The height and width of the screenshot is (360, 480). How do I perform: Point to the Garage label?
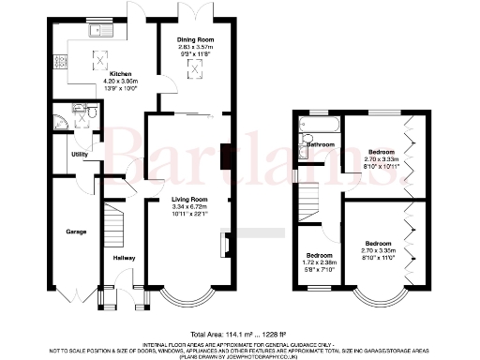(75, 231)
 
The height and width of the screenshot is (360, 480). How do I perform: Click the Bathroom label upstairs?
(322, 145)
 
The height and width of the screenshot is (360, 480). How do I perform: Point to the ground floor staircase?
(113, 226)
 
